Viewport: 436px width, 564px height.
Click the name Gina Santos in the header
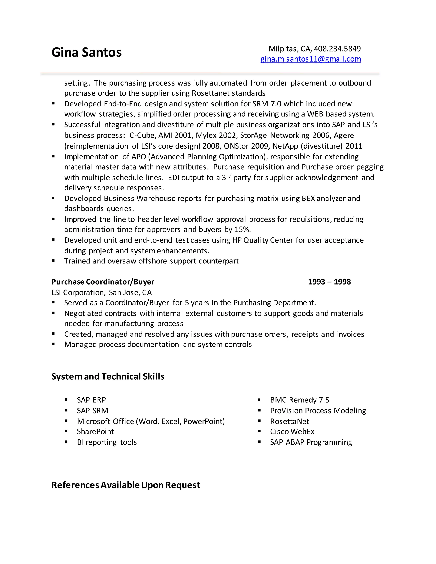[x=86, y=52]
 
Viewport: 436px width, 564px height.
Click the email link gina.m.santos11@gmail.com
[x=310, y=59]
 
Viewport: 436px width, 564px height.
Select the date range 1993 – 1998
[x=329, y=282]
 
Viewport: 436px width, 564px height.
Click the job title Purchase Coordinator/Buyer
[x=103, y=282]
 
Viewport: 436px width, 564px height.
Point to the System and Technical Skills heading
[x=108, y=376]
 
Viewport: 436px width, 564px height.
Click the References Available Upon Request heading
[x=126, y=485]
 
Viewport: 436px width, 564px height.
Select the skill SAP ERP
[x=91, y=400]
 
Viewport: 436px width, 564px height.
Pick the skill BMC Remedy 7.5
[x=300, y=400]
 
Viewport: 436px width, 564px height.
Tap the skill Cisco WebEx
[x=292, y=432]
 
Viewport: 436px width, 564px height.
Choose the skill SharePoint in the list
[x=95, y=432]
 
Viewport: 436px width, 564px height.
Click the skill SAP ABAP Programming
[x=311, y=442]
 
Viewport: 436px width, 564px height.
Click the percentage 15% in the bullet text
[x=242, y=230]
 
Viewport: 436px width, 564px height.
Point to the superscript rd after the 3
[x=229, y=176]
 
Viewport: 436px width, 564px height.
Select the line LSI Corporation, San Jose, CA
[x=102, y=293]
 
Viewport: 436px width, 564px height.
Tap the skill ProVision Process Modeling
[x=318, y=411]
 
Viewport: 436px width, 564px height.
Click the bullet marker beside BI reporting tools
[x=66, y=442]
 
